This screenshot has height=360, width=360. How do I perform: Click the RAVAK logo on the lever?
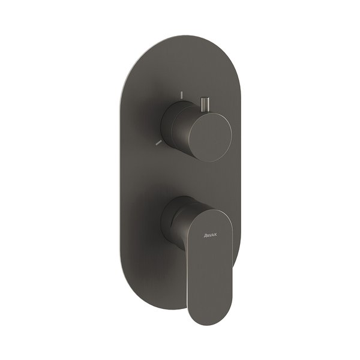pos(210,235)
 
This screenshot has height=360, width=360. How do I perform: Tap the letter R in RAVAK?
pos(205,235)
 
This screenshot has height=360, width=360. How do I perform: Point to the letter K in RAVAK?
pos(215,235)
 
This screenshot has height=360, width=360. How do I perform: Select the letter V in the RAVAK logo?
pos(210,235)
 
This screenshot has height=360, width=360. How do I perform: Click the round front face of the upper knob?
pos(210,137)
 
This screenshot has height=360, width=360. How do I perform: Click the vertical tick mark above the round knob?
pos(182,95)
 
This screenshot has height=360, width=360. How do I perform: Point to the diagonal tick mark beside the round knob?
pos(158,143)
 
